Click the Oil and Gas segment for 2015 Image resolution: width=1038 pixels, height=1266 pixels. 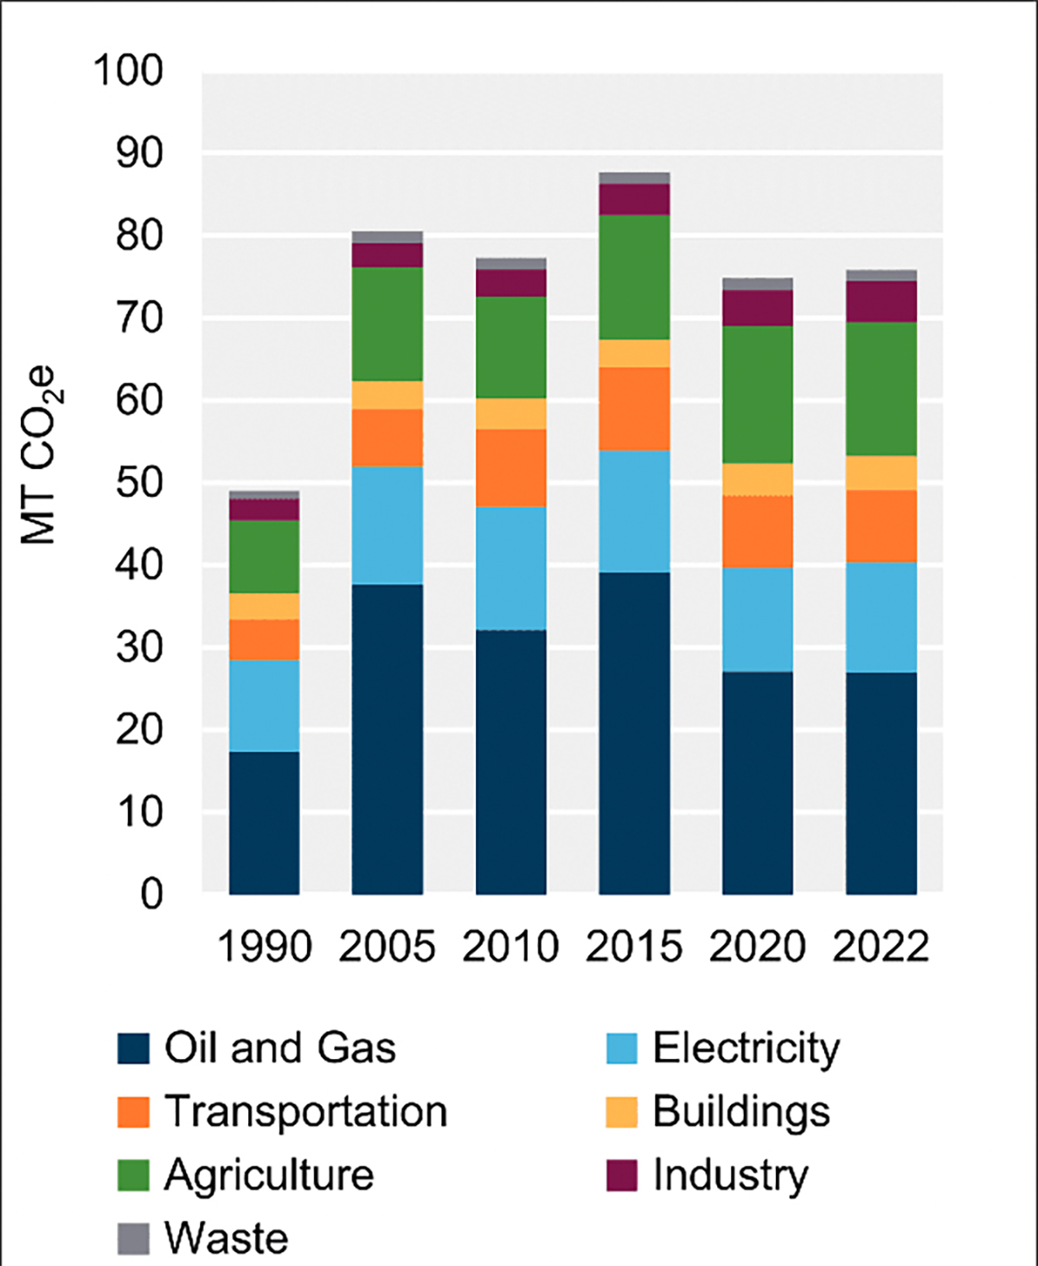click(x=634, y=732)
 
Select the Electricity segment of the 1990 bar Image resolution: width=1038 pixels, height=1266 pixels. click(x=264, y=705)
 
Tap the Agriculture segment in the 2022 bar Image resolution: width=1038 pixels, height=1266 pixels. click(x=881, y=389)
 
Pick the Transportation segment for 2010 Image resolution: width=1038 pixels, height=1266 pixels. click(x=510, y=467)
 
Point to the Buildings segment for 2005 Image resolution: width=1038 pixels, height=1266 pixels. click(x=387, y=395)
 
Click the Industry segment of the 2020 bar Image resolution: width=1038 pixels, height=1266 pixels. click(x=758, y=307)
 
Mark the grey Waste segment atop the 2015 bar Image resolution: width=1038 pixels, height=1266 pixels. click(x=634, y=178)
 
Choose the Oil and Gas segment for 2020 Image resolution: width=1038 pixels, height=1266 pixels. click(x=758, y=782)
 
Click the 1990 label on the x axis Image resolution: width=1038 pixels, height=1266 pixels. click(x=264, y=946)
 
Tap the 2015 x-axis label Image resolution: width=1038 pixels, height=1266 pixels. click(x=634, y=946)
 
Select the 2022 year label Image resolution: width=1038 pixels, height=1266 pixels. click(x=881, y=946)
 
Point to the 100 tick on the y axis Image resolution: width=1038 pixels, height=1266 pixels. click(x=128, y=71)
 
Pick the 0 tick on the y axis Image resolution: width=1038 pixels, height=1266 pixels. click(x=151, y=894)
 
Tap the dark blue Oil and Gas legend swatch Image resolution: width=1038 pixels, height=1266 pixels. click(x=133, y=1048)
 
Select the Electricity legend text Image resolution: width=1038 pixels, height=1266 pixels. click(x=746, y=1048)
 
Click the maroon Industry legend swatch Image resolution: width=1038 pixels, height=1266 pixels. click(x=622, y=1175)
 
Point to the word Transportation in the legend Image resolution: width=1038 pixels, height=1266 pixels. click(x=306, y=1112)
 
